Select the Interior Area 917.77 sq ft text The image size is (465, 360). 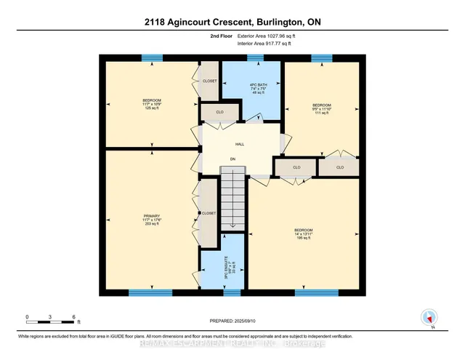(x=264, y=44)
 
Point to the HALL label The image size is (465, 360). (x=239, y=145)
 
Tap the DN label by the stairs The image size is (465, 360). (x=232, y=159)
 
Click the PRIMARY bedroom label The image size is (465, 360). (x=151, y=216)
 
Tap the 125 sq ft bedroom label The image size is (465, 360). (x=152, y=104)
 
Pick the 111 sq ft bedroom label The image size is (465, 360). (x=323, y=110)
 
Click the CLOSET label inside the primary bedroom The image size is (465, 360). (x=209, y=214)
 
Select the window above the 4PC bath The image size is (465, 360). (x=255, y=58)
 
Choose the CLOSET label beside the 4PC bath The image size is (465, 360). (x=209, y=81)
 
